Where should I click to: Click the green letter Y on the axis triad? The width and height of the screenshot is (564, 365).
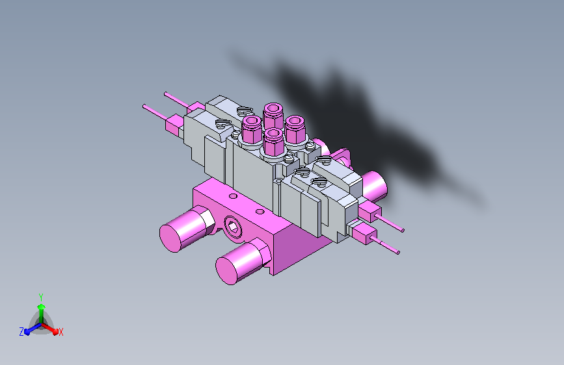tap(41, 297)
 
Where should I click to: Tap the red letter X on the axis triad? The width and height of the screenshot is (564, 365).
tap(61, 333)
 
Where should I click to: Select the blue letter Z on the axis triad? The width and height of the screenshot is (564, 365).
tap(21, 332)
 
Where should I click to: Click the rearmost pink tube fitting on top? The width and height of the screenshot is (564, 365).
tap(273, 114)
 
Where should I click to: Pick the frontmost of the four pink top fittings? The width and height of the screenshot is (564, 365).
tap(273, 142)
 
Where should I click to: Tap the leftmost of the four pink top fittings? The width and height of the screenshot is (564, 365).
tap(252, 129)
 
